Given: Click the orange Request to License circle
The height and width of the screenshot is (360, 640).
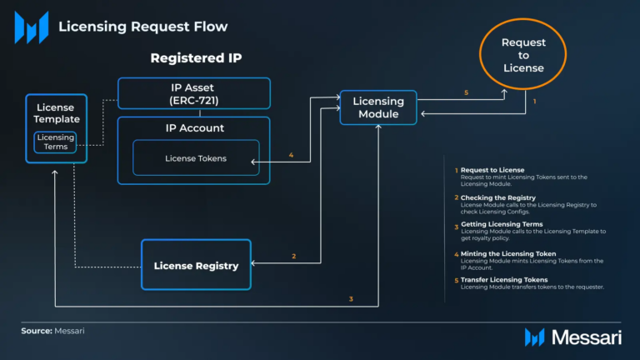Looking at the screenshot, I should pyautogui.click(x=522, y=55).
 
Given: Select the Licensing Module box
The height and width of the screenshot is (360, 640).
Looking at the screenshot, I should pyautogui.click(x=377, y=107).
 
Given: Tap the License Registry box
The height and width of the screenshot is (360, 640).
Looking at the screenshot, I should pyautogui.click(x=196, y=265).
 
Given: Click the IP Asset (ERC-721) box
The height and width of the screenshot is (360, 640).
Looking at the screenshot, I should pyautogui.click(x=193, y=93).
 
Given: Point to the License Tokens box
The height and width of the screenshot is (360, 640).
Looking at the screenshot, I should pyautogui.click(x=196, y=158).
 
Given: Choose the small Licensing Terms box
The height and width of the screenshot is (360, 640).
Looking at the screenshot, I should pyautogui.click(x=55, y=142).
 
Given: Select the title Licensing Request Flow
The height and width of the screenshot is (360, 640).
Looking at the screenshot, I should pyautogui.click(x=142, y=27).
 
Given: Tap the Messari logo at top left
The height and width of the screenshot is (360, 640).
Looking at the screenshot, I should pyautogui.click(x=31, y=27).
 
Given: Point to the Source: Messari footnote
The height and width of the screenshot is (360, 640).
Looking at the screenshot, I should pyautogui.click(x=52, y=331).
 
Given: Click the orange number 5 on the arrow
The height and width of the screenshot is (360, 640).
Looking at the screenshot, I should pyautogui.click(x=466, y=92).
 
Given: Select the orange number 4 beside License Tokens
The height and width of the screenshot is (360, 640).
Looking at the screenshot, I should pyautogui.click(x=291, y=155).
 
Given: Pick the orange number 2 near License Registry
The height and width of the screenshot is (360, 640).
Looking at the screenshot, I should pyautogui.click(x=293, y=257).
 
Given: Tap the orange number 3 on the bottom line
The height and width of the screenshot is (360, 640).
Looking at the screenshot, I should pyautogui.click(x=351, y=298).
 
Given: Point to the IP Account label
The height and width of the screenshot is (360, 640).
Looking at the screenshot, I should pyautogui.click(x=193, y=127).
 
